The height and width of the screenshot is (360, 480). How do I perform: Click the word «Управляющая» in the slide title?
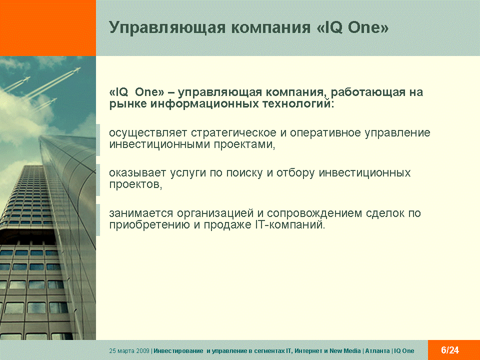point(167,27)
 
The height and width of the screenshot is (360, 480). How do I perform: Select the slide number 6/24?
point(450,350)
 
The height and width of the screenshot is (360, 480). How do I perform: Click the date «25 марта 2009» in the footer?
point(129,351)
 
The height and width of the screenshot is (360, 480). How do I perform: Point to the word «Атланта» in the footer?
point(377,351)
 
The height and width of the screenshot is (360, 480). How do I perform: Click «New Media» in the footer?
point(345,351)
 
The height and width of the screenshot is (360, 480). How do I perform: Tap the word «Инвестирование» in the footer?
point(178,351)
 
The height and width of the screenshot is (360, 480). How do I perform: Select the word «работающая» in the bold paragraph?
point(368,92)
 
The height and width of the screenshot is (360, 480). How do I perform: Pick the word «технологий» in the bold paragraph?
point(296,104)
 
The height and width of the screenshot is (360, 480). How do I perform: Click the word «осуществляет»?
point(148,133)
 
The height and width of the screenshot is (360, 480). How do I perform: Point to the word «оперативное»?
point(325,133)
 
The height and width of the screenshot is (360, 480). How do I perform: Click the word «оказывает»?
point(137,173)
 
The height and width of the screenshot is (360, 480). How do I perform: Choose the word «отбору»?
point(295,173)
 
